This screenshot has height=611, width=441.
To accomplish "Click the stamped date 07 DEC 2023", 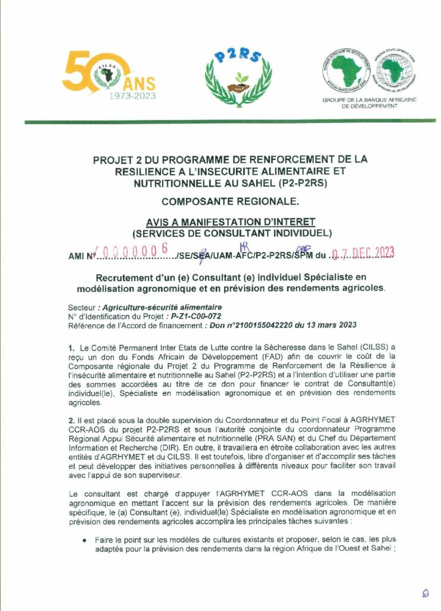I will tap(364, 254).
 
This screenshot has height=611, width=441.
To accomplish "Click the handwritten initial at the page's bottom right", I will tap(424, 593).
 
